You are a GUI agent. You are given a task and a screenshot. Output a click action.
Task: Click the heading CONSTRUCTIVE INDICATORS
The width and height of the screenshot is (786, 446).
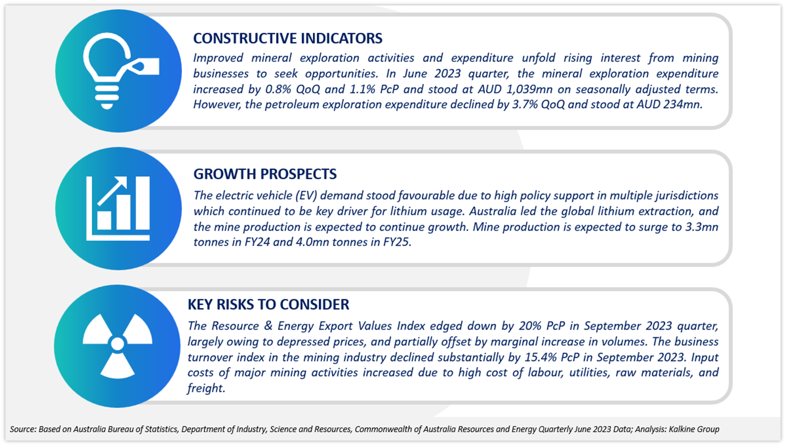click(288, 38)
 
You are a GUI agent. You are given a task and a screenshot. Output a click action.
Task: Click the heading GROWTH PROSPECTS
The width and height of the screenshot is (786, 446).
click(265, 174)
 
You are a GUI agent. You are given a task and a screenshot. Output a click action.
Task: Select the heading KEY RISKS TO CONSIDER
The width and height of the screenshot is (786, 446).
click(268, 304)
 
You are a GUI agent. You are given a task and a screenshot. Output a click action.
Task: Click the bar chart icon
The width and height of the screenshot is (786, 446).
click(118, 208)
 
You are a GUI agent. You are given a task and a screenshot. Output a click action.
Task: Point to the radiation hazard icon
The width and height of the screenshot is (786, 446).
click(118, 346)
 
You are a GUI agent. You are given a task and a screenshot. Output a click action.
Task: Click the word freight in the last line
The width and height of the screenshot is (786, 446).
click(205, 388)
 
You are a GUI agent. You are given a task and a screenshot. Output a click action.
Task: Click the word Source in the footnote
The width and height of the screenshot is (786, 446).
click(23, 429)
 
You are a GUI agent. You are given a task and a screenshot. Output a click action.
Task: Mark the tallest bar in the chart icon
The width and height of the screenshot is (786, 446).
click(143, 203)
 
